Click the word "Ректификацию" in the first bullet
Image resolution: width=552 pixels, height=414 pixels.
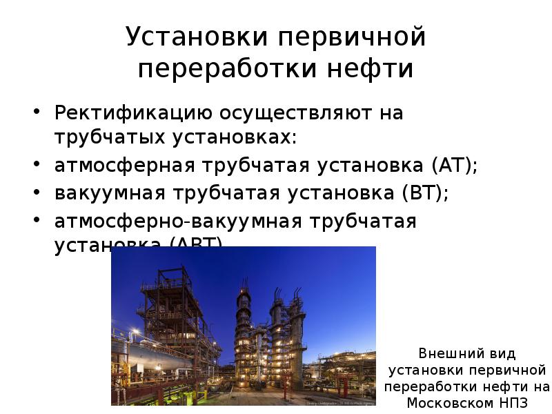click(x=134, y=113)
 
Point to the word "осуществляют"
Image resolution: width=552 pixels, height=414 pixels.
click(x=290, y=113)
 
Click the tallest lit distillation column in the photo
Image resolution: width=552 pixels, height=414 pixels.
click(x=244, y=324)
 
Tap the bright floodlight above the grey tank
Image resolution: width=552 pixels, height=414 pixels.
click(x=135, y=333)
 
